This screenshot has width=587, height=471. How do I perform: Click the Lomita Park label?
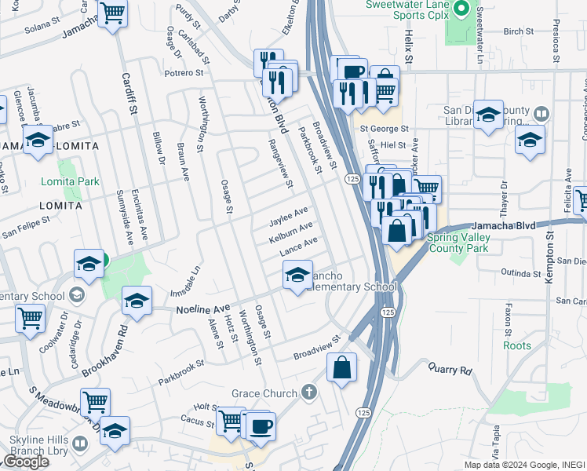coord(78,181)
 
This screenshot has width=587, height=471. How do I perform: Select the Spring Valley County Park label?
coord(458,243)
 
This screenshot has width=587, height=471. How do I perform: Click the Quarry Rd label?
coord(450,367)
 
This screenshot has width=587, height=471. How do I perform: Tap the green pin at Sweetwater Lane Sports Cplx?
coord(461,10)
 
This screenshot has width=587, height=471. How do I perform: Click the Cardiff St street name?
coord(127,94)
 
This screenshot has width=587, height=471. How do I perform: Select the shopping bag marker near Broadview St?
coord(342,367)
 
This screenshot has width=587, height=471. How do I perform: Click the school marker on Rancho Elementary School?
coord(297,276)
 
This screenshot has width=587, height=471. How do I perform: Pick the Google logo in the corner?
coord(25,462)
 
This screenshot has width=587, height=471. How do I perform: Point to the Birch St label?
coord(518,32)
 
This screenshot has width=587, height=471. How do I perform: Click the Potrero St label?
coord(184,72)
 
